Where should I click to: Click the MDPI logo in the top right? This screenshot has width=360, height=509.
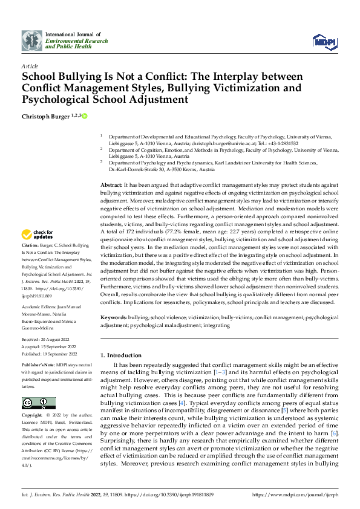pos(324,41)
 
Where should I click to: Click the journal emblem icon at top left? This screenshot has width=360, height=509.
pos(32,41)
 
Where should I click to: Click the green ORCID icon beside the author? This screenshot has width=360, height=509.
pos(85,115)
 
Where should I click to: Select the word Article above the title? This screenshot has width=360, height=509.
pos(30,66)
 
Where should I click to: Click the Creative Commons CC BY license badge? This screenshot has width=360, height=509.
pos(38,403)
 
